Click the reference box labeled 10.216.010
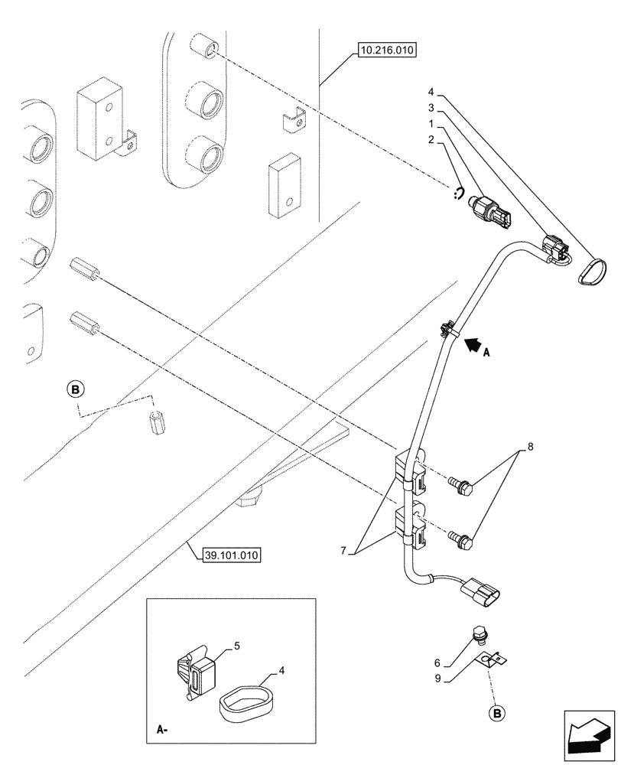pos(385,52)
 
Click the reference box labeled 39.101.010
pos(232,555)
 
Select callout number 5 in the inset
pos(237,646)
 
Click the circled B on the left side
pos(75,390)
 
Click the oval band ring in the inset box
pos(244,700)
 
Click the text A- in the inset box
pos(161,730)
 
